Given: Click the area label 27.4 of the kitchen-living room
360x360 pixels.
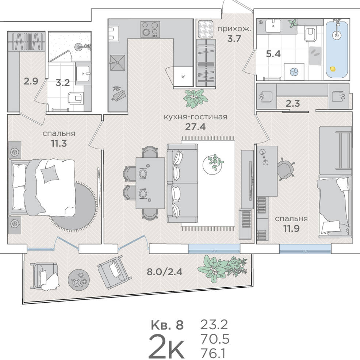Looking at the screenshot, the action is (x=195, y=126).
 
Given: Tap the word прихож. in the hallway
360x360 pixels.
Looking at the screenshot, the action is (x=234, y=29).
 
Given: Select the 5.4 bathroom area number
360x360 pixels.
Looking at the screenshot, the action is (x=273, y=54).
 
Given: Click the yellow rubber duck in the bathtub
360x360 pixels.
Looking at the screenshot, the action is (x=333, y=69).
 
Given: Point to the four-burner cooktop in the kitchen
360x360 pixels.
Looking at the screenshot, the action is (x=150, y=29).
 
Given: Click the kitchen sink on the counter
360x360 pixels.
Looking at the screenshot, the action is (x=118, y=63).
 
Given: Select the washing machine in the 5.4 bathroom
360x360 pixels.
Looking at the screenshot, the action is (x=294, y=72).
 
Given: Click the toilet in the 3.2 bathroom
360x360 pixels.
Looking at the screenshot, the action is (x=76, y=98).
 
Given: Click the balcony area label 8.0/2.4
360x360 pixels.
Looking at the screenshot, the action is (x=165, y=272).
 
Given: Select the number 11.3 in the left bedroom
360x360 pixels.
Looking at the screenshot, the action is (x=59, y=143).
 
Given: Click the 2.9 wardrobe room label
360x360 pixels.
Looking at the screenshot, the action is (x=31, y=81).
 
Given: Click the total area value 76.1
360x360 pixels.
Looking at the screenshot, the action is (x=213, y=353).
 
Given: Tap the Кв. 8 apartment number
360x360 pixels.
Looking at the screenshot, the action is (x=167, y=325).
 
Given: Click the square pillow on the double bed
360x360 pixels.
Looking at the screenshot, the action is (x=49, y=174).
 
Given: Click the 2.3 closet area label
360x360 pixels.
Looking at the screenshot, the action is (x=293, y=104).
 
